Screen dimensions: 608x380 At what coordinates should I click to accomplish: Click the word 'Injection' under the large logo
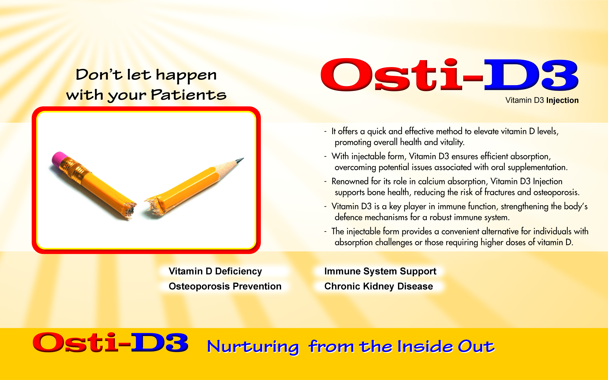click(x=562, y=101)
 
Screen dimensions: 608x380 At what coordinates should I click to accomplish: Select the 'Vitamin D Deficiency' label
click(x=215, y=271)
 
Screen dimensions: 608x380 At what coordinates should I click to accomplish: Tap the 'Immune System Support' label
click(x=380, y=271)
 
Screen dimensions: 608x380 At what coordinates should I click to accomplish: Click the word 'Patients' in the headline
click(x=188, y=95)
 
